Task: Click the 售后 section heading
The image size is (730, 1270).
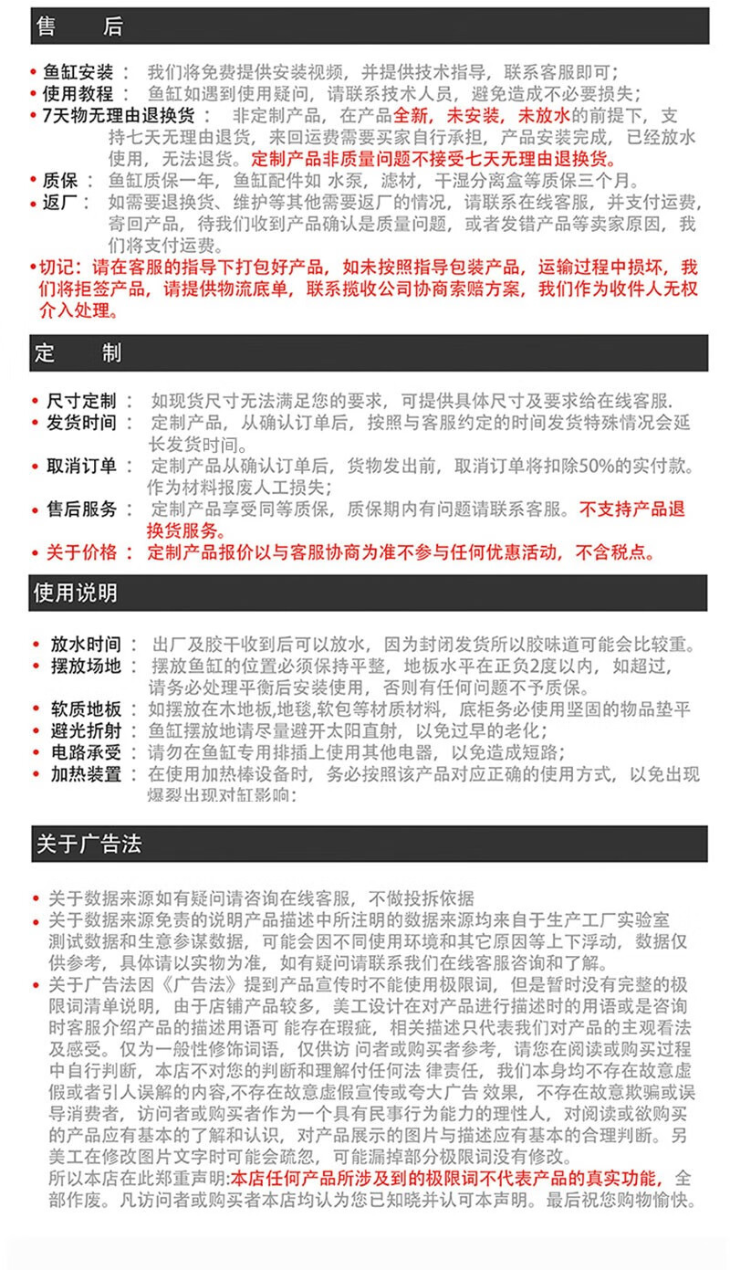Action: (78, 27)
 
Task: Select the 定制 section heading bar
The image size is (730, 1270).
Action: (78, 352)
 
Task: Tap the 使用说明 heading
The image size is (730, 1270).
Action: (76, 593)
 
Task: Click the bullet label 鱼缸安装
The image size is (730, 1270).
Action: (78, 73)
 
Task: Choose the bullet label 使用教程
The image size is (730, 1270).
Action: (78, 94)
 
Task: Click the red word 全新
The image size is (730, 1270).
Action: (413, 116)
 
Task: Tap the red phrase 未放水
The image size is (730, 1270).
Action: (544, 116)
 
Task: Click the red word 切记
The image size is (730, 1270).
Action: (60, 268)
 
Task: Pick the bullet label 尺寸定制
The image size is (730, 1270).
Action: (82, 402)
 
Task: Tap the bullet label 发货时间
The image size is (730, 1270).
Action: (82, 424)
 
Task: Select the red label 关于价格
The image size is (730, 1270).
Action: (82, 552)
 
